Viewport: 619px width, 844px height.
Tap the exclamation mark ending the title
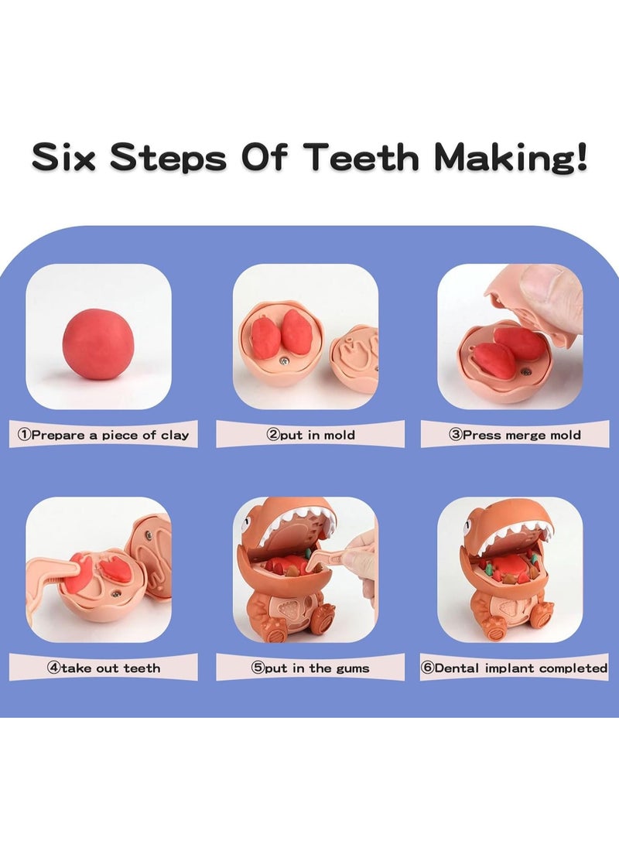[579, 156]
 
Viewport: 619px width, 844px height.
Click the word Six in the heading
[66, 157]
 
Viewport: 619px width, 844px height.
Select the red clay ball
[98, 343]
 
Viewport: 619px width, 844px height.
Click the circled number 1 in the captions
[23, 435]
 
